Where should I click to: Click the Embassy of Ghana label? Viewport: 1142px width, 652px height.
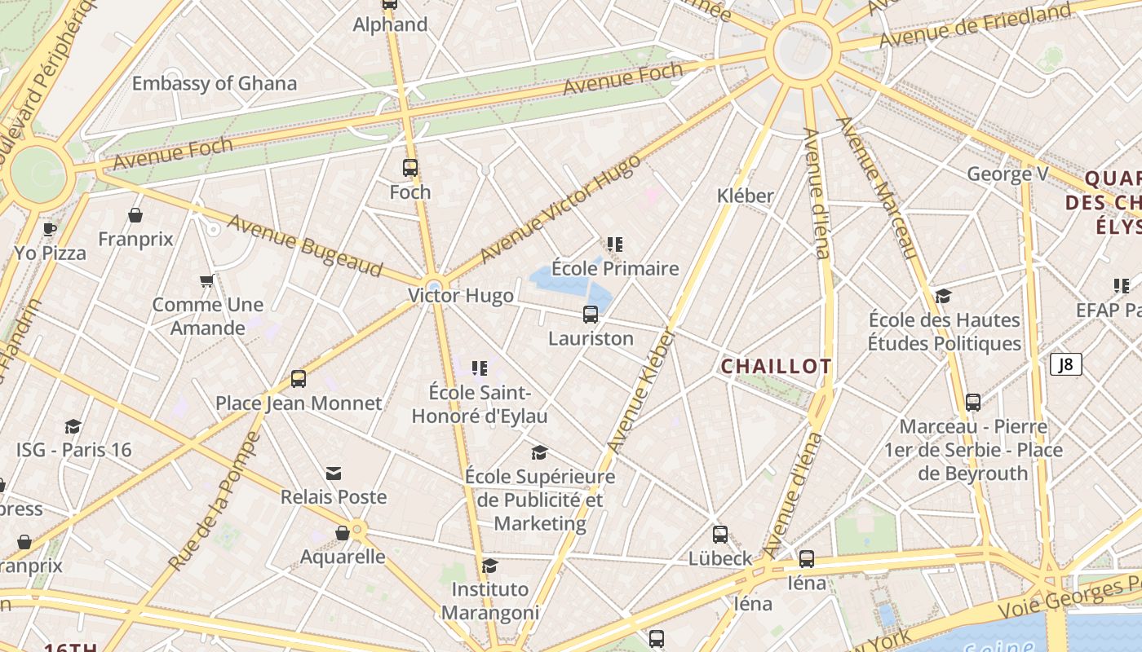point(215,83)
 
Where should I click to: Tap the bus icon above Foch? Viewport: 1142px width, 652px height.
point(410,168)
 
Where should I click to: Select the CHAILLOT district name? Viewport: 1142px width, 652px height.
point(776,367)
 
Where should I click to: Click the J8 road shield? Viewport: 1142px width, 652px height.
point(1065,364)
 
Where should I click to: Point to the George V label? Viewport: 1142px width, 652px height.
point(1007,174)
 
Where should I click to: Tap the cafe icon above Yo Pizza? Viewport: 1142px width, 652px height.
point(49,229)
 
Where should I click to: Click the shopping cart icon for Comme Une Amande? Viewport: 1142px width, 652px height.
point(207,281)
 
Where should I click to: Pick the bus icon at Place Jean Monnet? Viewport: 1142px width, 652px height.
point(299,379)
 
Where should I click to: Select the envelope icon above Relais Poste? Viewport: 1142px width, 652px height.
point(333,474)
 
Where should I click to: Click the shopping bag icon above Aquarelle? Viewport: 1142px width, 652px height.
point(343,533)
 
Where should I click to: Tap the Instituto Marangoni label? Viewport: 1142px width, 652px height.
point(490,601)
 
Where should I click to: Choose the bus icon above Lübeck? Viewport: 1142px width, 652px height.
point(720,535)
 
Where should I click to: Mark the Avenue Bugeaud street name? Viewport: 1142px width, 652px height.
point(305,245)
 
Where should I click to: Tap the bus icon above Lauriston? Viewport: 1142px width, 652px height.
point(591,315)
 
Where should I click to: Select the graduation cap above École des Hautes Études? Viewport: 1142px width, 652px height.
point(944,296)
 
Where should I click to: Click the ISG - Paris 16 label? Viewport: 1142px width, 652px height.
point(74,450)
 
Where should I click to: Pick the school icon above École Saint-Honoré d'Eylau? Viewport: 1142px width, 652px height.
point(480,368)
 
